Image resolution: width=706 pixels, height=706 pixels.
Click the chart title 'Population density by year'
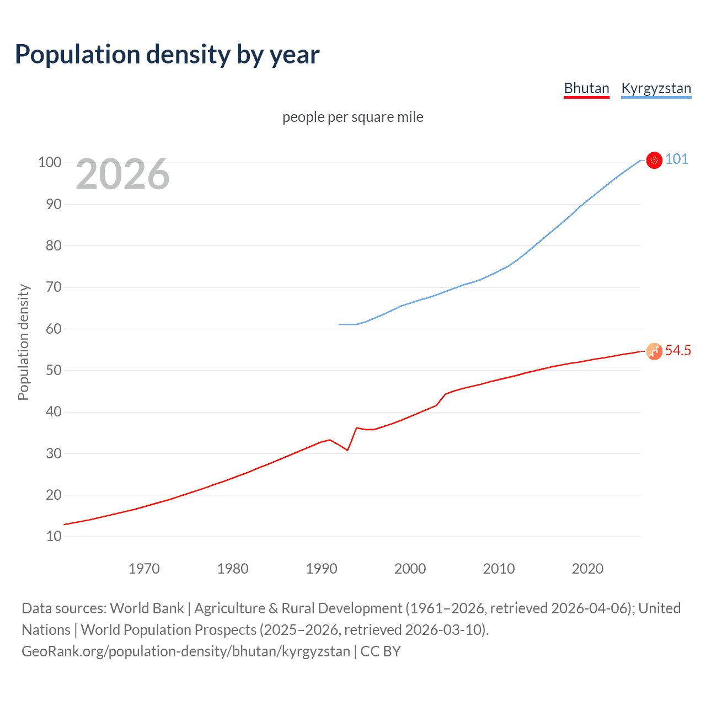tap(167, 54)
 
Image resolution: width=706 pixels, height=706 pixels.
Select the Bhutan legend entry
tap(586, 88)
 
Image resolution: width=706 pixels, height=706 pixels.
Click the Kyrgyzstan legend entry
tap(656, 88)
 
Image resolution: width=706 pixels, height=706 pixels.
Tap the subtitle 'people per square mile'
tap(352, 117)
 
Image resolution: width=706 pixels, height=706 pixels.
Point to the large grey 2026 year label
tap(122, 174)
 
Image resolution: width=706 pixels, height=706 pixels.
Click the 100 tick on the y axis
tap(50, 162)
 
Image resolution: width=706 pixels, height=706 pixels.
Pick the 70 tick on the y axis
tap(54, 287)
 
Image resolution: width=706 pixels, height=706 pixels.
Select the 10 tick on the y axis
tap(54, 536)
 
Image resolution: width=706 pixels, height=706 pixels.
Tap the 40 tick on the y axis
tap(54, 411)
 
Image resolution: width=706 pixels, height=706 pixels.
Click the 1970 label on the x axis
tap(144, 568)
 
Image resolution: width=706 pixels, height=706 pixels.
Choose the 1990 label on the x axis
tap(322, 568)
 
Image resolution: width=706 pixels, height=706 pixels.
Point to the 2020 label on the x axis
tap(587, 568)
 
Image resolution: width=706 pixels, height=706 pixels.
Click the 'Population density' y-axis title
tap(23, 342)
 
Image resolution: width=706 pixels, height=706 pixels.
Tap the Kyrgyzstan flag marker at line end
tap(654, 161)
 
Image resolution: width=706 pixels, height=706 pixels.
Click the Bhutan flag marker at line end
tap(654, 351)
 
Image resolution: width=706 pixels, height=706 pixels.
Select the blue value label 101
tap(677, 159)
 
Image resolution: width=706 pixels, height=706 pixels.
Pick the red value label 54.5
tap(678, 350)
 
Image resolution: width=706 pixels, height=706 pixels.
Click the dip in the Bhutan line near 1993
tap(347, 450)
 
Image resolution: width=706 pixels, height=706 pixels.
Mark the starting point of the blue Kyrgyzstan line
tap(339, 324)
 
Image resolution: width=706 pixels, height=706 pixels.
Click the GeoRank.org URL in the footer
tap(186, 651)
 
